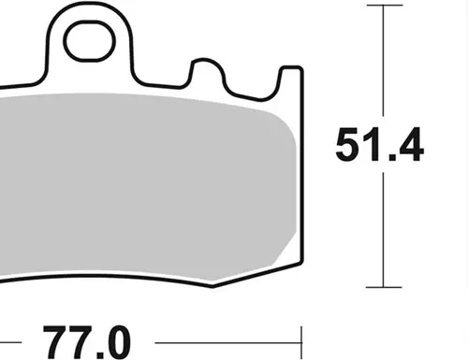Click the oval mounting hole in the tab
coord(90,41)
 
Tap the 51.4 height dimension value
coord(379,145)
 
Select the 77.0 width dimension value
coord(86,342)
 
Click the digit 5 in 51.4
coord(348,145)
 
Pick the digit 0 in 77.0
coord(116,343)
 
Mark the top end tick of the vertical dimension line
coord(385,6)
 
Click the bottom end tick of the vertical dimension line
coord(384,287)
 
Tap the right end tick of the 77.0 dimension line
coord(301,343)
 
